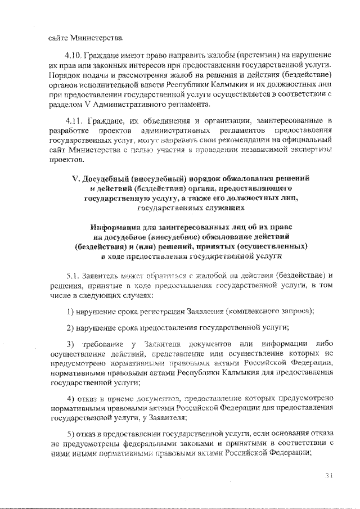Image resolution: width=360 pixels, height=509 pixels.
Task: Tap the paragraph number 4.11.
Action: tap(74, 120)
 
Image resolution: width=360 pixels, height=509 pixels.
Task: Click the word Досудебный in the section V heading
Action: tap(109, 178)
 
